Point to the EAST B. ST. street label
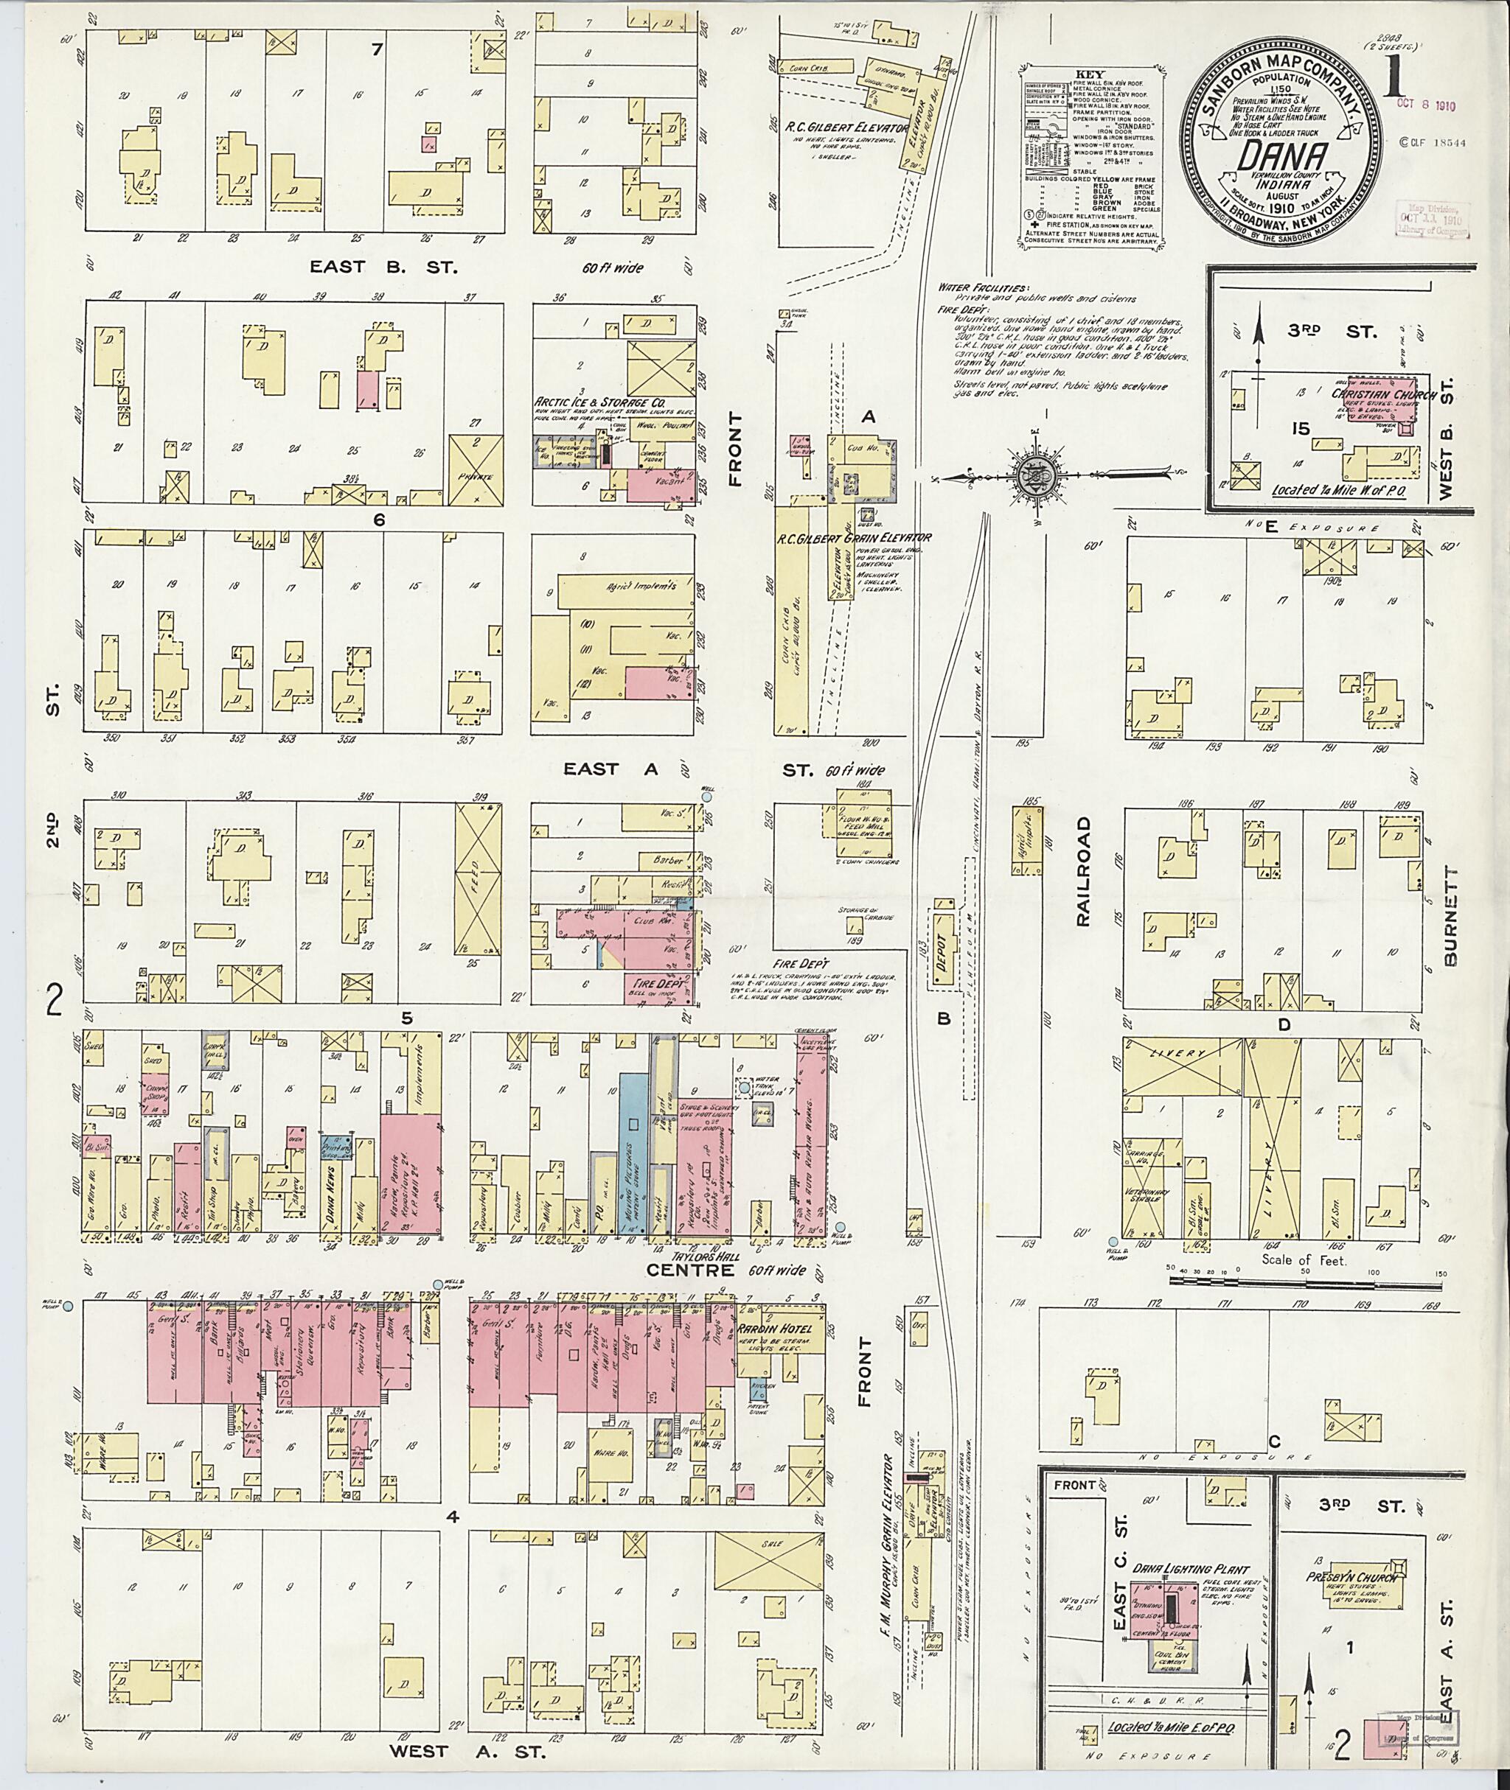click(383, 266)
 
